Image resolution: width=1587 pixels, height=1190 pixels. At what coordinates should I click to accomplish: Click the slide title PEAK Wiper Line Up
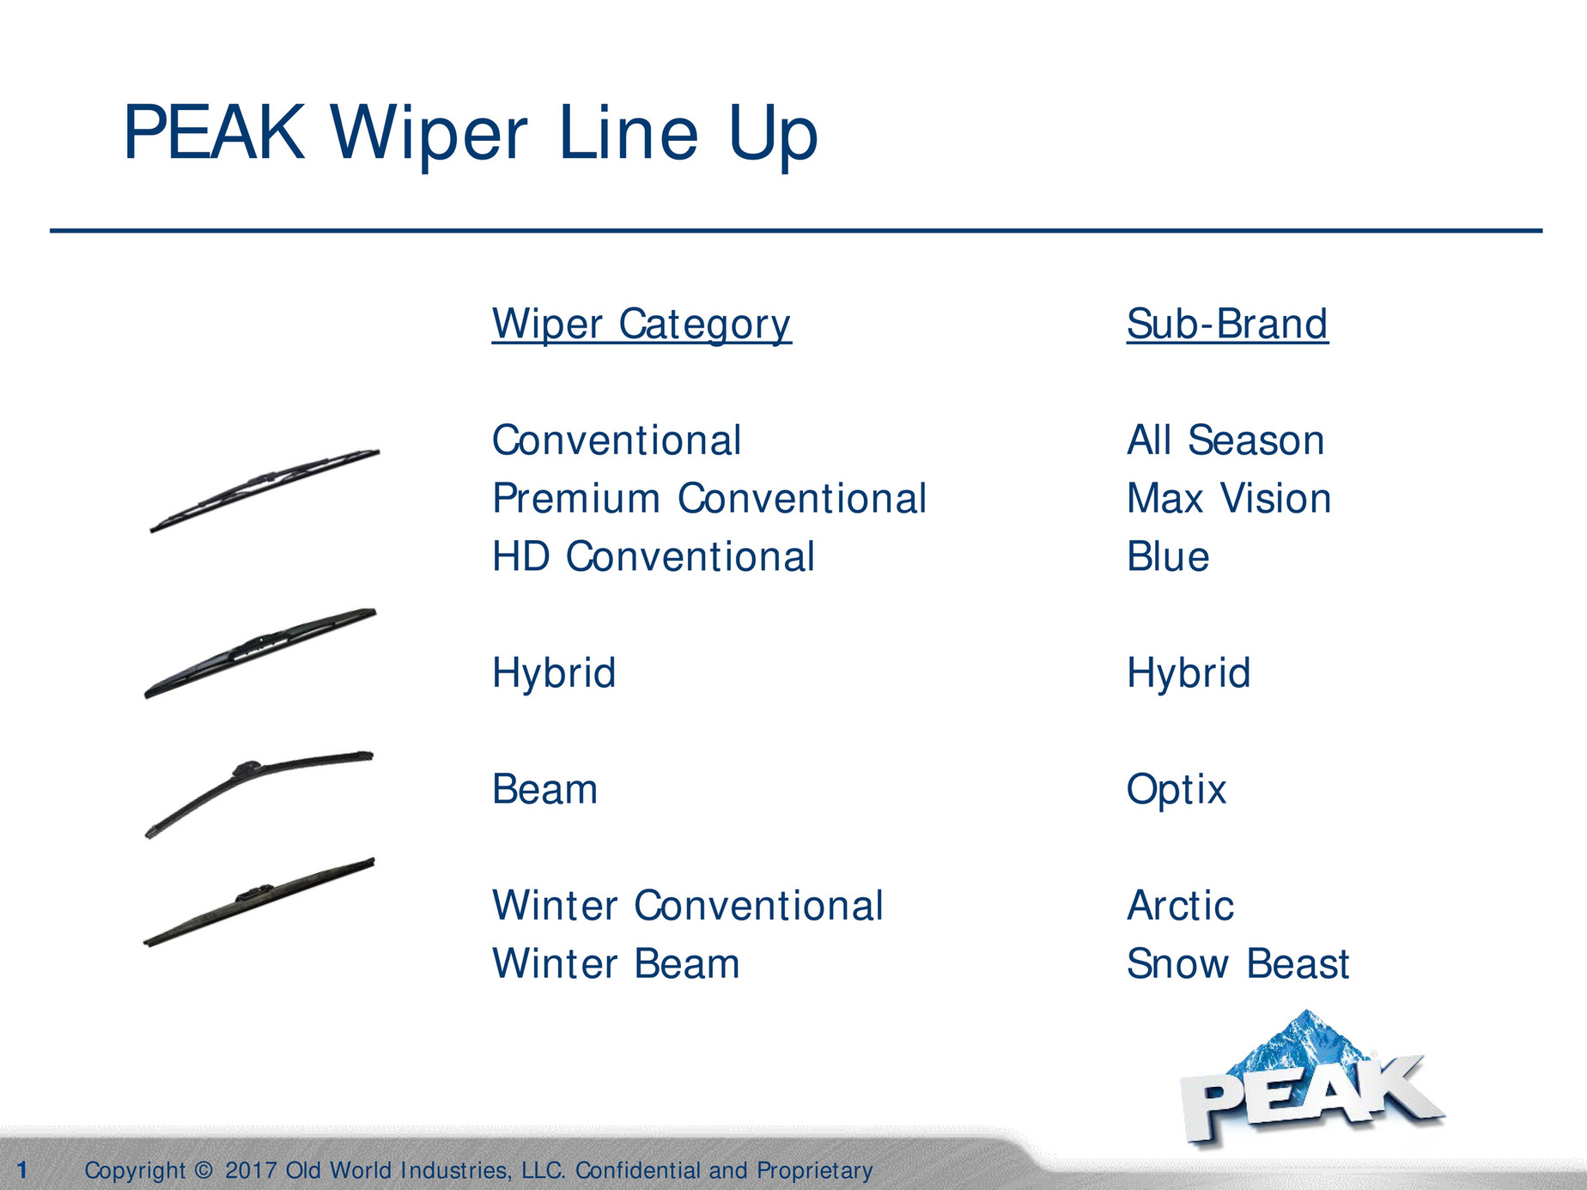tap(470, 133)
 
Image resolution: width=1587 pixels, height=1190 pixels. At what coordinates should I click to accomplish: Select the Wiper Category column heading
tap(641, 325)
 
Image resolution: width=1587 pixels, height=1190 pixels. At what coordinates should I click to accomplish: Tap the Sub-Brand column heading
tap(1226, 325)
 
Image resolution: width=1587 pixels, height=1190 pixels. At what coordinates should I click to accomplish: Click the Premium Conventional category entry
tap(708, 499)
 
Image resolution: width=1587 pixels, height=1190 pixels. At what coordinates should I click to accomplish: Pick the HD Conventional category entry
tap(653, 557)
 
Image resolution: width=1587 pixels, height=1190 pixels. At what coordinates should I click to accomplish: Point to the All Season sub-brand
tap(1225, 440)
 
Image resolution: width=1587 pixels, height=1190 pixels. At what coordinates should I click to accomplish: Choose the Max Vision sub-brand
tap(1228, 499)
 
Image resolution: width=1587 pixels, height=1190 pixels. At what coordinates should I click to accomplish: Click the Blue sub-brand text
tap(1167, 557)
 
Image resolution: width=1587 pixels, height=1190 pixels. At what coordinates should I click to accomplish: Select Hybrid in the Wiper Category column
tap(553, 673)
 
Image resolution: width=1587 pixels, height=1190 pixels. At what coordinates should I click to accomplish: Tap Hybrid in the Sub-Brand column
tap(1188, 673)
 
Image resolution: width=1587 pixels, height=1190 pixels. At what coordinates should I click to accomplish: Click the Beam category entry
tap(544, 790)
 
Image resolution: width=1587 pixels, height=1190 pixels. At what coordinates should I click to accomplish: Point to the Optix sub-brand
tap(1176, 790)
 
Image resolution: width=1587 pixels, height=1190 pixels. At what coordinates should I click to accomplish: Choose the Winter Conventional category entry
tap(687, 906)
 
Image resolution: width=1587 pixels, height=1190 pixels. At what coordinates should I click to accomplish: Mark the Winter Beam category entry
tap(615, 964)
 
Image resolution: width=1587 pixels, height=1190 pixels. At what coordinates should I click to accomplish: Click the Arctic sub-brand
tap(1180, 906)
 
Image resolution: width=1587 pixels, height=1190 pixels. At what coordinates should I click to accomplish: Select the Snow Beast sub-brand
tap(1237, 964)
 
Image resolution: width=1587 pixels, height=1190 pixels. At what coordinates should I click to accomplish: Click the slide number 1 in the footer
tap(22, 1169)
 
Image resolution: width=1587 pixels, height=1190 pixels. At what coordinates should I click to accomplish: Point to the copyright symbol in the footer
tap(204, 1170)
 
